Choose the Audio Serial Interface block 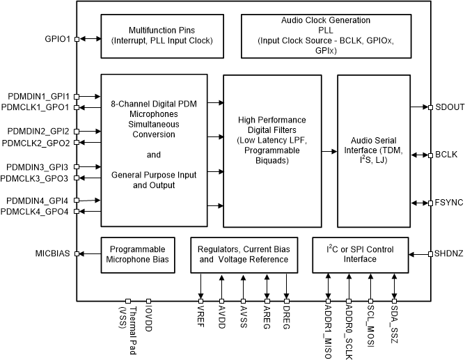(x=374, y=150)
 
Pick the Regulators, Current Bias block (x=243, y=254)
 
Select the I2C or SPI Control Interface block (x=361, y=254)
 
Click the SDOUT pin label (x=448, y=107)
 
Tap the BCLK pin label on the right (x=446, y=155)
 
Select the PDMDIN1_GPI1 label (x=38, y=96)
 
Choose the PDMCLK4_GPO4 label (x=35, y=212)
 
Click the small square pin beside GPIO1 (x=76, y=40)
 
